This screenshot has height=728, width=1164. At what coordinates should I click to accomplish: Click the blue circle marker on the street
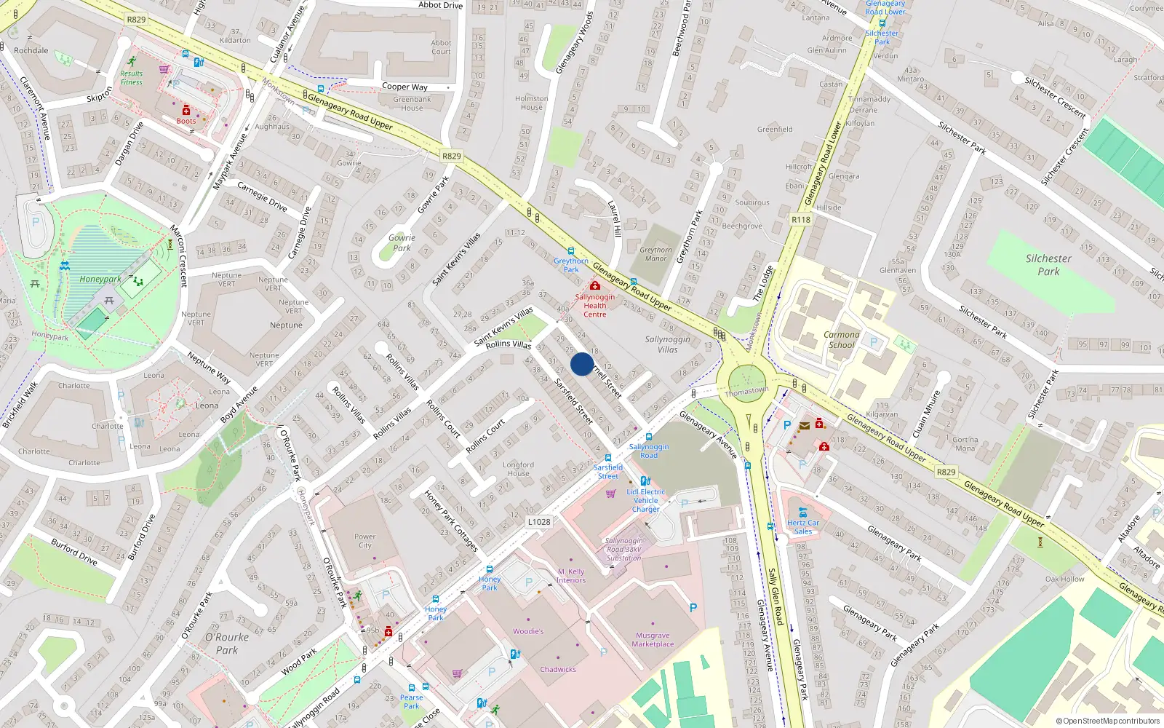(582, 364)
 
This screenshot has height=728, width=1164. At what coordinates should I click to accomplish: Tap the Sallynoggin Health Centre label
(595, 306)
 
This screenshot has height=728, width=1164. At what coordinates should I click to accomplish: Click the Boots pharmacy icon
(186, 110)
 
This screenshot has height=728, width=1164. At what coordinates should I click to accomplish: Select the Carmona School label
(842, 340)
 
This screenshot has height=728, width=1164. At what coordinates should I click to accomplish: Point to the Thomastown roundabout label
(746, 392)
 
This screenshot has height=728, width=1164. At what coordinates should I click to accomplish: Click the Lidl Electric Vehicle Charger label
(646, 500)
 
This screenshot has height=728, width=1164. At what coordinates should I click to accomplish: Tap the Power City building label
(365, 541)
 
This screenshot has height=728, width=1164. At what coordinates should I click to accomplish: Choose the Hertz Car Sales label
(802, 527)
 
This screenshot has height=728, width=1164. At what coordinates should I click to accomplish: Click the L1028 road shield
(539, 521)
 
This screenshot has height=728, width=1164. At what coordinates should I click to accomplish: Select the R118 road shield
(801, 219)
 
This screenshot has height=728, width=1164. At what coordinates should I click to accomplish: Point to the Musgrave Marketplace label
(653, 639)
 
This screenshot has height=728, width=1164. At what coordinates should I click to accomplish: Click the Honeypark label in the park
(100, 279)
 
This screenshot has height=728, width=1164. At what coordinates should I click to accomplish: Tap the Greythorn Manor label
(655, 254)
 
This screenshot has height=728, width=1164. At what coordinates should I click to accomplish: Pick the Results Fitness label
(132, 77)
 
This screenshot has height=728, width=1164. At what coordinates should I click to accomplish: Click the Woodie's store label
(528, 631)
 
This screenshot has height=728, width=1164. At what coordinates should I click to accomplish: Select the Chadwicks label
(558, 669)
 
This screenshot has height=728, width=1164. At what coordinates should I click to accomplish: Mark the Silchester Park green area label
(1048, 265)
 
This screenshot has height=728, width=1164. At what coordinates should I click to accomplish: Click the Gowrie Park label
(402, 242)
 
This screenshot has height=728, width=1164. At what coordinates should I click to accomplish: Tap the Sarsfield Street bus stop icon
(608, 459)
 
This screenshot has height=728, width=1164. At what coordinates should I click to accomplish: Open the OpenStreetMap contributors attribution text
(1108, 721)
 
